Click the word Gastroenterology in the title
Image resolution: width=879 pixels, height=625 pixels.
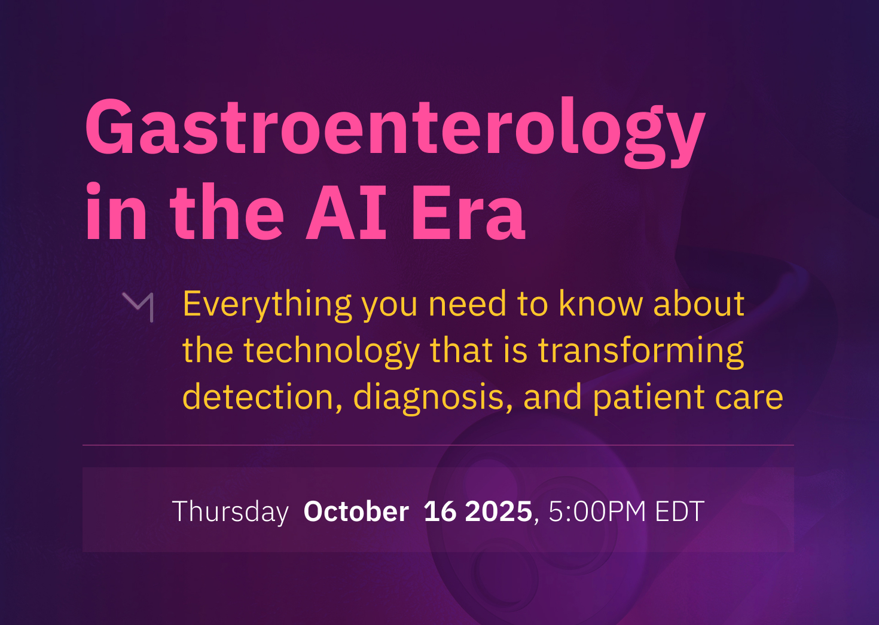tap(395, 131)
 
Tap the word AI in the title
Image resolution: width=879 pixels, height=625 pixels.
tap(346, 212)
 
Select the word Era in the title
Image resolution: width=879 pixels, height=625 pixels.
tap(468, 212)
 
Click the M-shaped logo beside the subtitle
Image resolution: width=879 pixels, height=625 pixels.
tap(138, 307)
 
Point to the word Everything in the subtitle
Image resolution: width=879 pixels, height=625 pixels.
tap(267, 306)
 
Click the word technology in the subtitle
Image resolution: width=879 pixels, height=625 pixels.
tap(332, 352)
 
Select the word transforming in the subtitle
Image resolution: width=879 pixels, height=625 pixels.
tap(641, 352)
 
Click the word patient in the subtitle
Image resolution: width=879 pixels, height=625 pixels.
tap(649, 399)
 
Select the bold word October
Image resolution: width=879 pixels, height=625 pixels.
tap(356, 511)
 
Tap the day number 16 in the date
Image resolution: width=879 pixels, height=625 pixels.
tap(440, 511)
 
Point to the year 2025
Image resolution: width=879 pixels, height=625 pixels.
tap(498, 511)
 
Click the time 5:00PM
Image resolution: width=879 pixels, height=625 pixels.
tap(597, 511)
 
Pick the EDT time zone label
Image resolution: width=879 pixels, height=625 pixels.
tap(680, 511)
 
